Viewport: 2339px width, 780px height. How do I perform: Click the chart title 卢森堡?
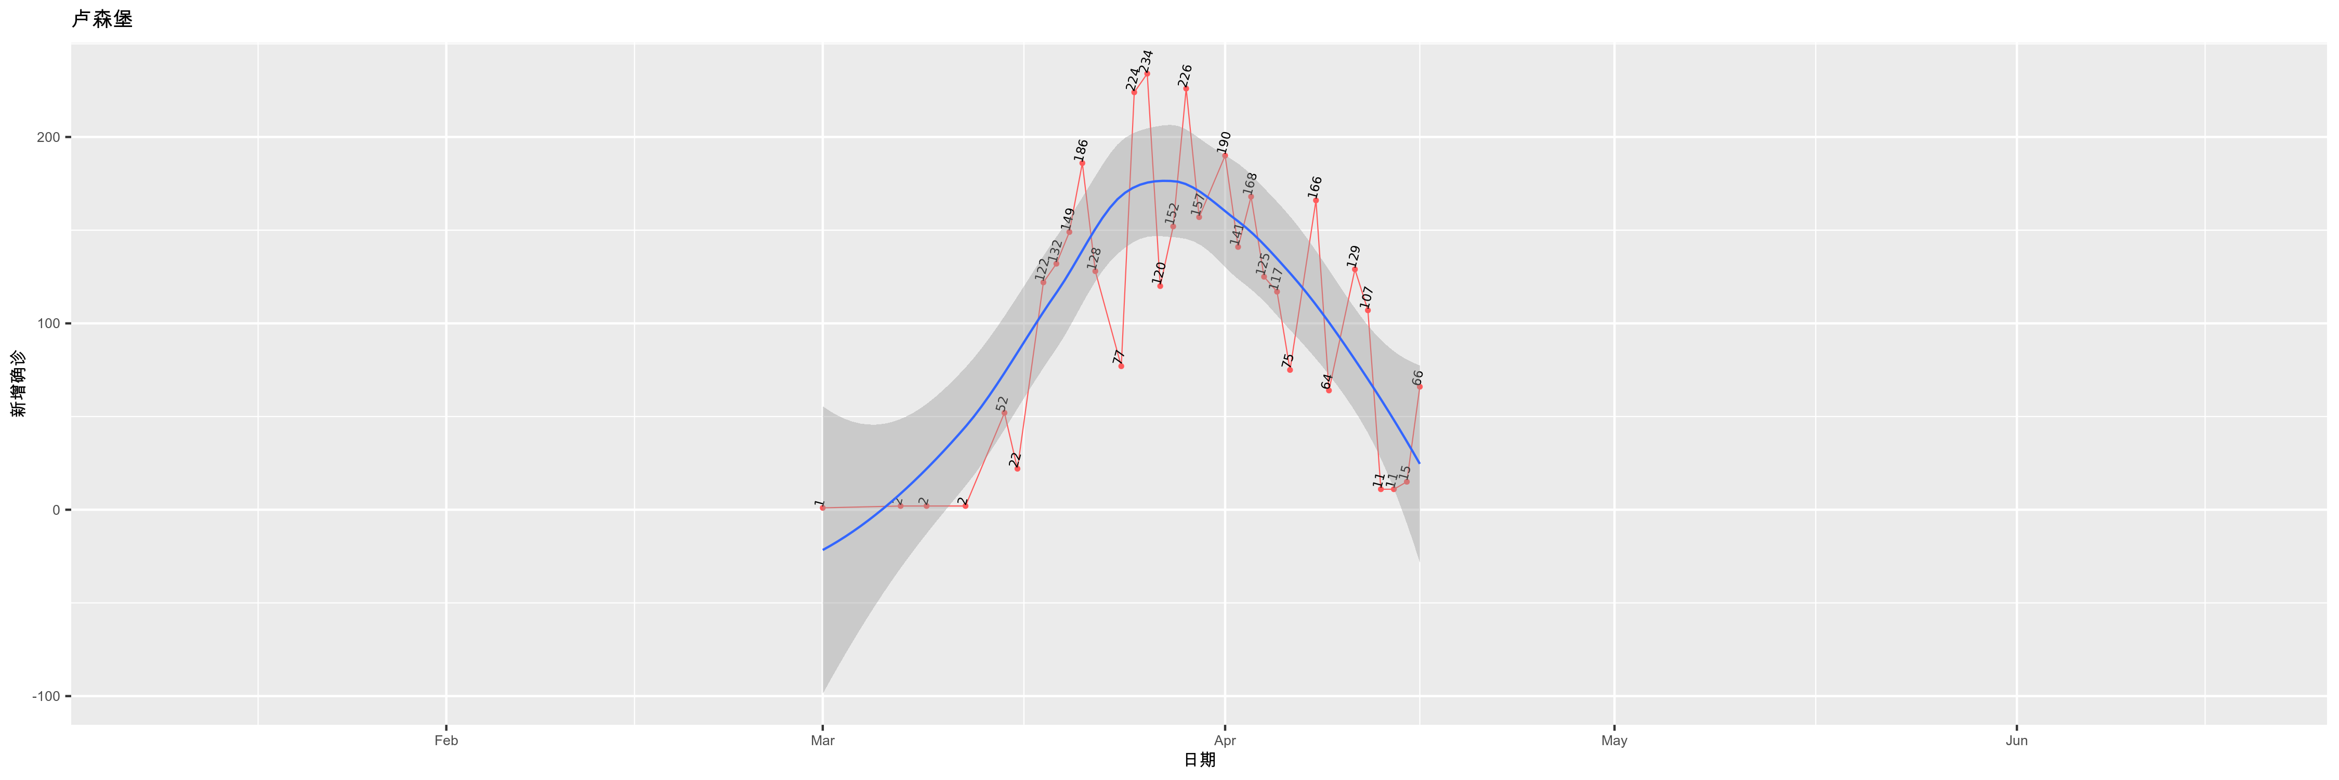point(102,19)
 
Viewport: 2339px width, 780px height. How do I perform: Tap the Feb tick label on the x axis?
point(446,740)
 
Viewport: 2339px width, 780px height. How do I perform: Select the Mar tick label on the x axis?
point(823,740)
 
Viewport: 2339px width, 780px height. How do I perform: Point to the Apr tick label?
point(1225,740)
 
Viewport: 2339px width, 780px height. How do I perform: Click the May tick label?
point(1613,740)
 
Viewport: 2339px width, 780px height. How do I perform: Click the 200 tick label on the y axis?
point(49,137)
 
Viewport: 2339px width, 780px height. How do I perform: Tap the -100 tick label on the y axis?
point(45,696)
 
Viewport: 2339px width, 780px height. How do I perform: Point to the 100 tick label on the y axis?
point(49,323)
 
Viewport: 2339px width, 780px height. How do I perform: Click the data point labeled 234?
point(1147,73)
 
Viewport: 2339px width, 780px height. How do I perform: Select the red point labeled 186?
point(1082,163)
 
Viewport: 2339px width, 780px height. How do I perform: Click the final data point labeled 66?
point(1419,387)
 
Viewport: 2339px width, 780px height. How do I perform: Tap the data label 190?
point(1224,141)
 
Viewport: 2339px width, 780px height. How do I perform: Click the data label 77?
point(1119,357)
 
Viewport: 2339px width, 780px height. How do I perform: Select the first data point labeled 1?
point(823,508)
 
